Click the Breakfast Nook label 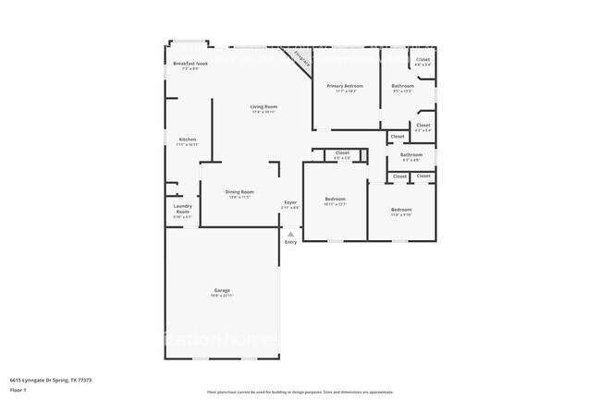pos(190,65)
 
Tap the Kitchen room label pos(187,141)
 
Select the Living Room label pos(264,108)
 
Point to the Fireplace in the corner pos(299,57)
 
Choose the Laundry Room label pos(182,212)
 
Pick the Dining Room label pos(239,193)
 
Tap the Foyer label pos(290,203)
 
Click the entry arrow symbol pos(290,234)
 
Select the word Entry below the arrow pos(290,242)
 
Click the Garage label pos(223,291)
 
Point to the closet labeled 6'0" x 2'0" pos(342,154)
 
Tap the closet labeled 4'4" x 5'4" pos(423,62)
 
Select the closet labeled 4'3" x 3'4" pos(423,127)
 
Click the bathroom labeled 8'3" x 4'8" pos(411,156)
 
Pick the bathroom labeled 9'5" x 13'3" pos(402,88)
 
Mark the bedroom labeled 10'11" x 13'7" pos(335,200)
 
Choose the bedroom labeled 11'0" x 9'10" pos(401,211)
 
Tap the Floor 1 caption pos(18,389)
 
